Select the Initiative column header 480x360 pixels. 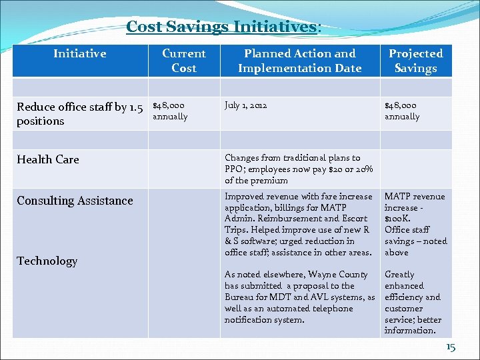pyautogui.click(x=79, y=53)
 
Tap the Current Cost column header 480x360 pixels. pyautogui.click(x=183, y=61)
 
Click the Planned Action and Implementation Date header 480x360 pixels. pyautogui.click(x=299, y=61)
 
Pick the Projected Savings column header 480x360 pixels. pyautogui.click(x=415, y=61)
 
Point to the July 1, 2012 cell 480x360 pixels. pyautogui.click(x=246, y=105)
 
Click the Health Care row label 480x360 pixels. pyautogui.click(x=48, y=159)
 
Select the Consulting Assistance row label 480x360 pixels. pyautogui.click(x=75, y=201)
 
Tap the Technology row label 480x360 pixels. pyautogui.click(x=47, y=261)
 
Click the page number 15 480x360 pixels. pyautogui.click(x=450, y=347)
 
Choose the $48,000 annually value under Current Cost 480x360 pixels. pyautogui.click(x=170, y=111)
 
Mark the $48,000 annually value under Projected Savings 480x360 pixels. pyautogui.click(x=402, y=111)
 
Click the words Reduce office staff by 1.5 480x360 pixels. pyautogui.click(x=80, y=107)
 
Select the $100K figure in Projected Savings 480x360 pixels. pyautogui.click(x=398, y=219)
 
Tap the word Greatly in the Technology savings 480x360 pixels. pyautogui.click(x=399, y=275)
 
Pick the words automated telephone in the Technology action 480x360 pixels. pyautogui.click(x=294, y=309)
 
